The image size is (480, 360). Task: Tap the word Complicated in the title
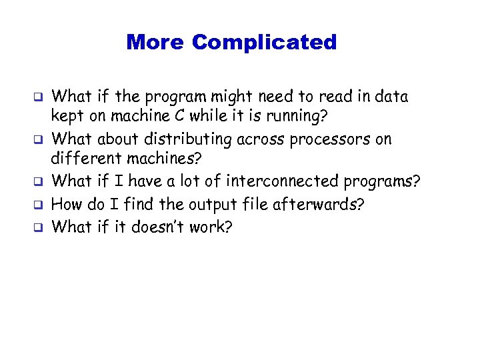tap(264, 43)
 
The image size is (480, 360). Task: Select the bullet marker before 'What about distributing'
tap(39, 141)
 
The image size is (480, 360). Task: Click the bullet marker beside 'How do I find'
tap(39, 205)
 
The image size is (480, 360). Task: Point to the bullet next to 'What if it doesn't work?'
tap(39, 227)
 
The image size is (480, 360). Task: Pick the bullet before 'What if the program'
tap(39, 97)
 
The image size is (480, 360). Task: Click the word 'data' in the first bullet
tap(391, 97)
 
